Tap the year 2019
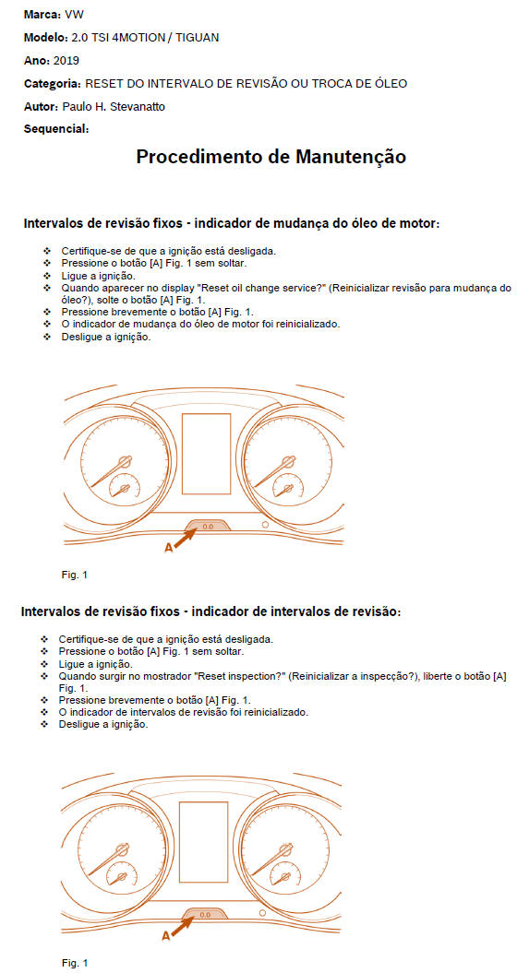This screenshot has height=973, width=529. click(66, 60)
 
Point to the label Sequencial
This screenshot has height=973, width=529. click(55, 128)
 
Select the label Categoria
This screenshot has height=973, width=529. click(51, 83)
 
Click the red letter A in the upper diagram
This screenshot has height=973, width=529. click(167, 547)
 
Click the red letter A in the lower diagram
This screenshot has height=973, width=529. click(166, 935)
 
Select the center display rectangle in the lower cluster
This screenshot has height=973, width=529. click(204, 841)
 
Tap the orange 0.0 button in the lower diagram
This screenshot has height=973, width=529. click(204, 914)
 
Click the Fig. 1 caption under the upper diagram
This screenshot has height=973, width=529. click(75, 575)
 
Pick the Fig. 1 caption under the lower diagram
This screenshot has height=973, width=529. click(75, 963)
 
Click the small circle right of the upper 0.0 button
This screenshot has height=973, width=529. click(265, 525)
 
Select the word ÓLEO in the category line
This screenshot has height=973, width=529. click(388, 83)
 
